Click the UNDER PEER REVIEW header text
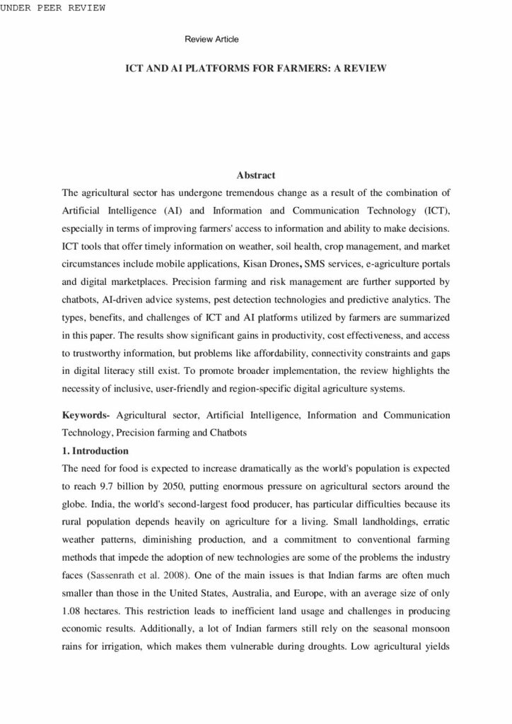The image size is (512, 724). (52, 8)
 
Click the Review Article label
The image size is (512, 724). (211, 39)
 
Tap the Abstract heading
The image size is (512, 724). (255, 175)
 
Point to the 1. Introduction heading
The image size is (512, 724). (95, 450)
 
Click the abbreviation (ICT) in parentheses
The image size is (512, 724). (437, 210)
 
